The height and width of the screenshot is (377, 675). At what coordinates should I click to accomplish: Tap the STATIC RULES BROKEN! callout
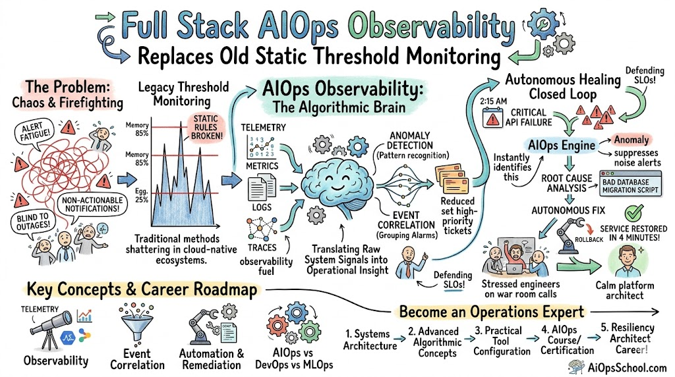(206, 127)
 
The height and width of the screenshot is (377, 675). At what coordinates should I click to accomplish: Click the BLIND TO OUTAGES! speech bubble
(33, 223)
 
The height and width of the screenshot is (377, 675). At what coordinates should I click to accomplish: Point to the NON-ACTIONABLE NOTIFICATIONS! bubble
(92, 204)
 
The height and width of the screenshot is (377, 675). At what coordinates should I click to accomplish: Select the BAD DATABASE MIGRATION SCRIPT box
(630, 185)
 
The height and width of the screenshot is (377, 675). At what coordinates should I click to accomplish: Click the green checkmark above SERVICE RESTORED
(633, 213)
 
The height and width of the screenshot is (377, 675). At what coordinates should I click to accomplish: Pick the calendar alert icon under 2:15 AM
(492, 117)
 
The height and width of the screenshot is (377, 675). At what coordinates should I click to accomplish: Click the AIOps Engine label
(562, 146)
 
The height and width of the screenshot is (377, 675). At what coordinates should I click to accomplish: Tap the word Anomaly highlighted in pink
(631, 140)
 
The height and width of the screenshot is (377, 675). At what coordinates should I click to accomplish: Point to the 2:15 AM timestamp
(493, 101)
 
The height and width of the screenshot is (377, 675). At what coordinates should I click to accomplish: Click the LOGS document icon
(262, 187)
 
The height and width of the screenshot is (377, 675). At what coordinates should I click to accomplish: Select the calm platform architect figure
(625, 260)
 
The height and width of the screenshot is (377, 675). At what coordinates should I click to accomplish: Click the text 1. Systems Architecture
(370, 340)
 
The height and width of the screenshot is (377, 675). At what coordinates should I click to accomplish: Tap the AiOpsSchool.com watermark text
(627, 368)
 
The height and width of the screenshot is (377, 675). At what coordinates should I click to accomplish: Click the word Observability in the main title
(431, 26)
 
